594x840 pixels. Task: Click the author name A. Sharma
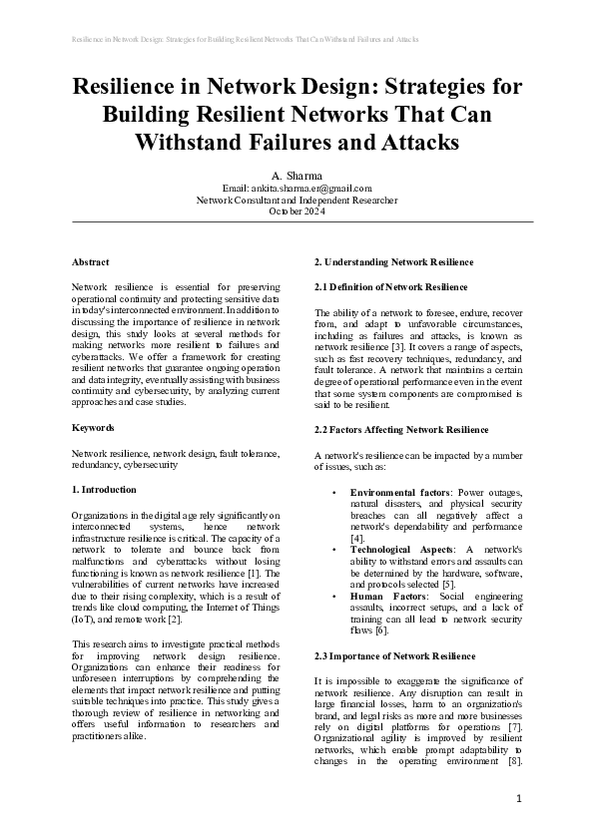(297, 175)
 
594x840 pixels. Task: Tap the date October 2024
(297, 211)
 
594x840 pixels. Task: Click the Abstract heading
(91, 262)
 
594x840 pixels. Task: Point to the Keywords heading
(93, 427)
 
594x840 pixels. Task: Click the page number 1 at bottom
(519, 799)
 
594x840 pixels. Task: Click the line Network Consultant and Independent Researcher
(297, 200)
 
